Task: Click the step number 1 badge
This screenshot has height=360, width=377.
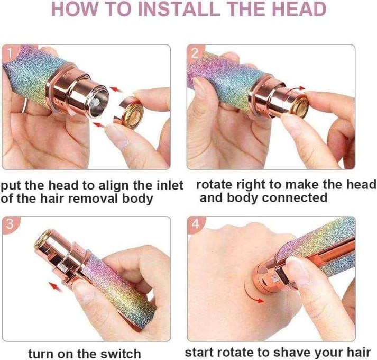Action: [x=9, y=53]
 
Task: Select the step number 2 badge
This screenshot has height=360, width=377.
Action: [x=195, y=53]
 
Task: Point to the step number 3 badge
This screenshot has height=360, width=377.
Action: [x=10, y=224]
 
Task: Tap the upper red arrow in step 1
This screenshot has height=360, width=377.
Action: [x=116, y=89]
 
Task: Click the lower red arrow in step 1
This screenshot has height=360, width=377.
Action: [x=100, y=124]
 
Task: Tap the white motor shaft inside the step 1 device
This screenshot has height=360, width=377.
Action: [x=96, y=103]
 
